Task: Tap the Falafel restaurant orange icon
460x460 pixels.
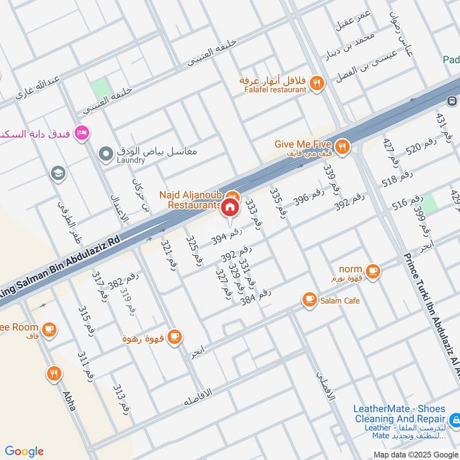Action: pos(316,84)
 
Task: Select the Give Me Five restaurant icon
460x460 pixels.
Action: pos(342,148)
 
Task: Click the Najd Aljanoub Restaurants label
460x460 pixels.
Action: pos(194,200)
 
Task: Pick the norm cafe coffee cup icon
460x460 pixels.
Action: pos(373,270)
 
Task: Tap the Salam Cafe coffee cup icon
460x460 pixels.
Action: pos(309,300)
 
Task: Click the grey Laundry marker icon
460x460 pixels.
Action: pos(105,154)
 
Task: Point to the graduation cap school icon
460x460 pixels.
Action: pos(57,172)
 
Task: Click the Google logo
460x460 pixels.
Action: pos(24,451)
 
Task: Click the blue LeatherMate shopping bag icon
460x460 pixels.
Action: pos(454,420)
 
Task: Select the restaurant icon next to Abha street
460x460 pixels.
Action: pos(55,373)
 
